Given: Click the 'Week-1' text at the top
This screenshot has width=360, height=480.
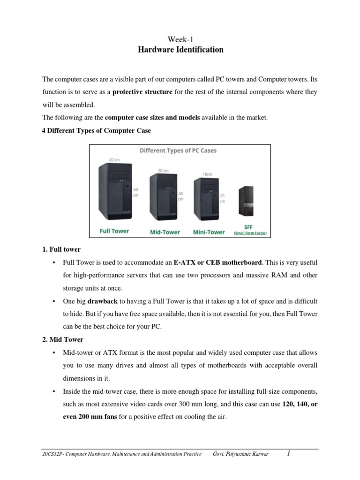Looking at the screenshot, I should [180, 40].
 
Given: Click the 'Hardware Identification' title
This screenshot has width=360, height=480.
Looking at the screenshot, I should [180, 50].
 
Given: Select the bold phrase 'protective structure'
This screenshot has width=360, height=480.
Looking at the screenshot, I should [142, 92].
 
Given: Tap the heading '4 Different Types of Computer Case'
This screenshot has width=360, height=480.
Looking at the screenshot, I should [97, 131].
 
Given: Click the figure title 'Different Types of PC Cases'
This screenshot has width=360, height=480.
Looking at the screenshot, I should [178, 151].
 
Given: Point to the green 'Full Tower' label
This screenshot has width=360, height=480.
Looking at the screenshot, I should [114, 231].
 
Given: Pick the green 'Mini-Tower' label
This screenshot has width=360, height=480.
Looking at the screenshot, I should [209, 232].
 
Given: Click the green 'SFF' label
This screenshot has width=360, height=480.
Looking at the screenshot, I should [248, 226].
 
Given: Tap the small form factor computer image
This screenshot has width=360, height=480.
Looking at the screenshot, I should [246, 202].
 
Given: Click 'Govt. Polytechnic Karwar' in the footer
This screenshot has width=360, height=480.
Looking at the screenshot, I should [241, 454].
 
